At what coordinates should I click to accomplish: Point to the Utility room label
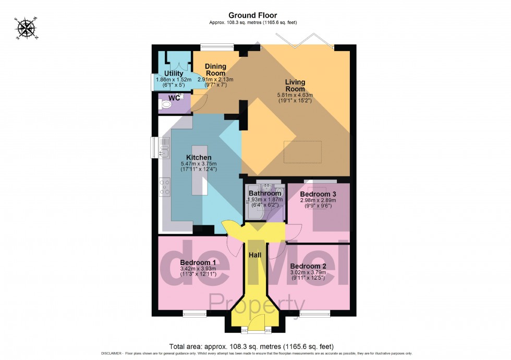pyautogui.click(x=174, y=74)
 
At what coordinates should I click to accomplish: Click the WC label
pyautogui.click(x=174, y=98)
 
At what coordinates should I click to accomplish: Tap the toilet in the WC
pyautogui.click(x=166, y=105)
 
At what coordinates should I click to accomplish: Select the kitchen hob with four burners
pyautogui.click(x=164, y=186)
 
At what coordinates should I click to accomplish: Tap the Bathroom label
pyautogui.click(x=265, y=194)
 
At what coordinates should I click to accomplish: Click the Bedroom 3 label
pyautogui.click(x=318, y=194)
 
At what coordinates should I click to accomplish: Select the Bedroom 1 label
pyautogui.click(x=198, y=262)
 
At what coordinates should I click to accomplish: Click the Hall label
pyautogui.click(x=256, y=255)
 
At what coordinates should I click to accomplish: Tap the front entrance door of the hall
pyautogui.click(x=256, y=329)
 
